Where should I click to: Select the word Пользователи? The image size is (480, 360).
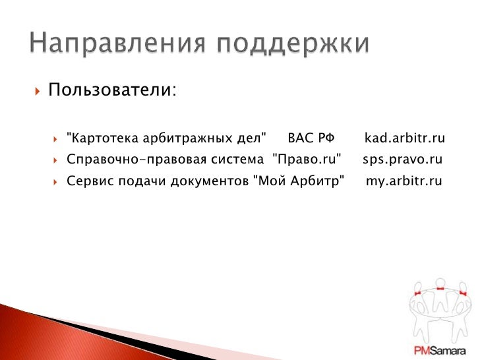(x=110, y=90)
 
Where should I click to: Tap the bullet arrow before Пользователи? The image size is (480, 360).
(x=36, y=90)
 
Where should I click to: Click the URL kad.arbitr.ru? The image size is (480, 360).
(x=405, y=138)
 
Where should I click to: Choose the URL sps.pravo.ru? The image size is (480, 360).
(x=402, y=160)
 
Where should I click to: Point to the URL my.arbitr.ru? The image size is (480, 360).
(x=404, y=181)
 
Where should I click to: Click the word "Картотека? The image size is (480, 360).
(x=97, y=138)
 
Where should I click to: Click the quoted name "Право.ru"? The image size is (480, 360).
(x=307, y=160)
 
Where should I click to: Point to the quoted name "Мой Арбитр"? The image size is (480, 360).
(x=299, y=181)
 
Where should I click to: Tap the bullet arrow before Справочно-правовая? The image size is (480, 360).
(x=57, y=160)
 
